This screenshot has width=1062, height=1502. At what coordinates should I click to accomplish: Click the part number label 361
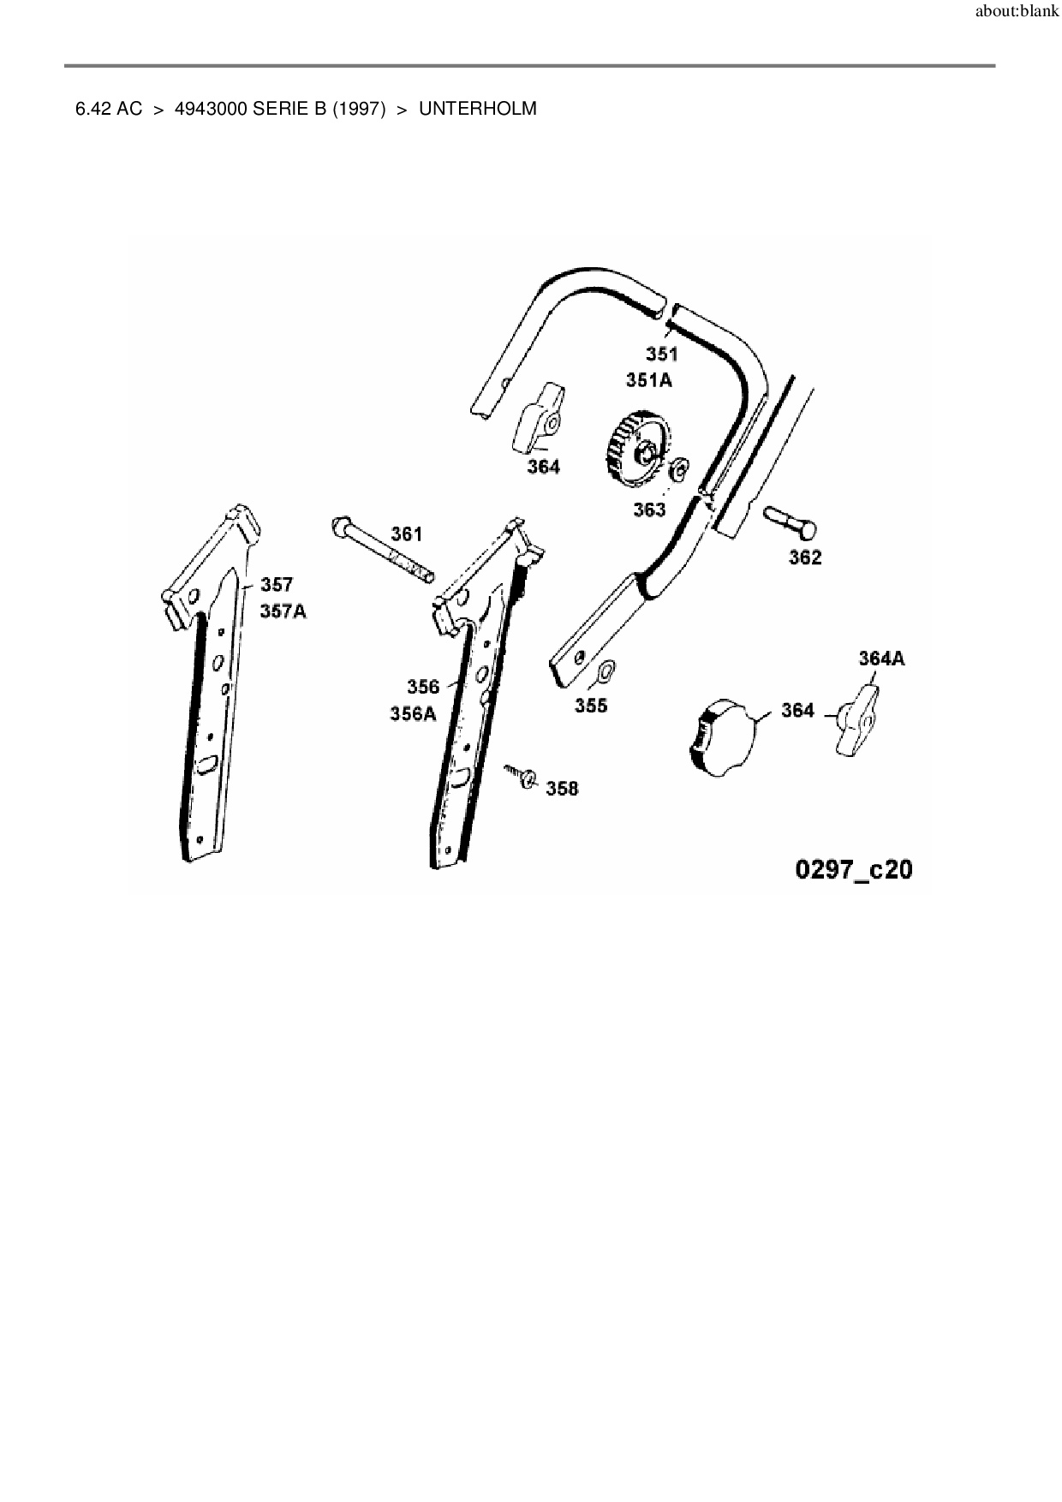coord(407,534)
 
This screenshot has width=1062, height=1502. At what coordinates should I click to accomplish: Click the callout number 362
coord(805,557)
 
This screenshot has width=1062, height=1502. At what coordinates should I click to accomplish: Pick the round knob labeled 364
coord(722,736)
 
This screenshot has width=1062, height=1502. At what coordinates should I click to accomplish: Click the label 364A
coord(881,659)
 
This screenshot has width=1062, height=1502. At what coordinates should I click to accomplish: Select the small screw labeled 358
coord(520,776)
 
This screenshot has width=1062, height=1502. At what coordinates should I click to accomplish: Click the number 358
coord(562,789)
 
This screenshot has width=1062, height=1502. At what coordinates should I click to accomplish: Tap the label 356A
coord(413,713)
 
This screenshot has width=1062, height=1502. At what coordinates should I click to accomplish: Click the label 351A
coord(648,380)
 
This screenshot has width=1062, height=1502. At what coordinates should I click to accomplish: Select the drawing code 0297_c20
coord(854,869)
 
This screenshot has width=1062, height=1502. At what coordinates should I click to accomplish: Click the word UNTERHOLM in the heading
coord(478,109)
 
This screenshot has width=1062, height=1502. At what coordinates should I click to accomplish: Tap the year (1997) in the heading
coord(358,109)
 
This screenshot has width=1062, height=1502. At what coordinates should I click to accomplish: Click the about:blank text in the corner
coord(1017,13)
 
